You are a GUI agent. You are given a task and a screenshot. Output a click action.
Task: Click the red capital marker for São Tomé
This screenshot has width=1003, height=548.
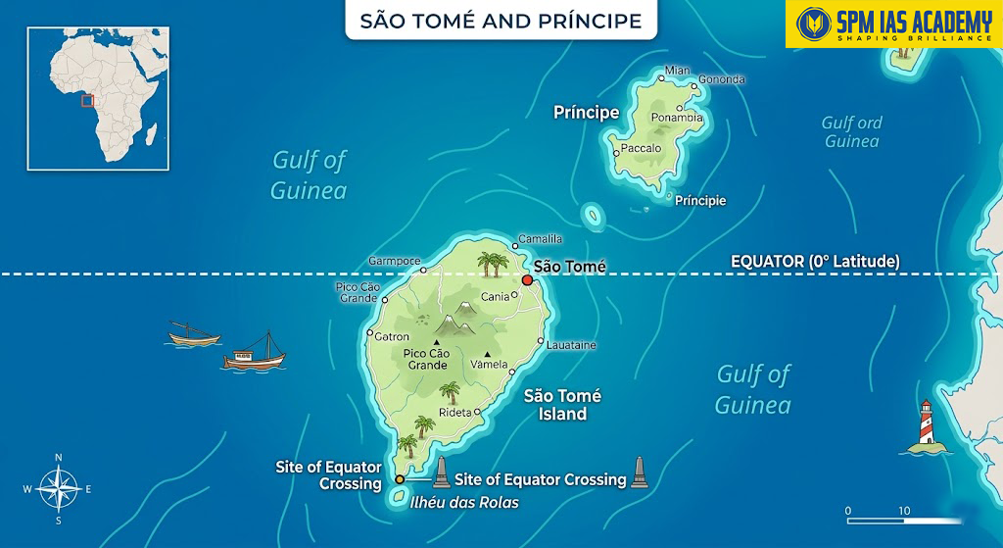527,280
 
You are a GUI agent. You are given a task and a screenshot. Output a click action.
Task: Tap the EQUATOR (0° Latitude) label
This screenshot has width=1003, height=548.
815,262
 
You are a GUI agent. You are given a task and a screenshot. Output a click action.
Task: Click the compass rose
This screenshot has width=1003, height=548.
59,488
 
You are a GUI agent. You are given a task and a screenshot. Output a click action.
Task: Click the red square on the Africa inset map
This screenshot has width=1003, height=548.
87,100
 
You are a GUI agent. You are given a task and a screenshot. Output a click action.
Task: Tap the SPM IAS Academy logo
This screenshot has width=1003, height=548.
893,25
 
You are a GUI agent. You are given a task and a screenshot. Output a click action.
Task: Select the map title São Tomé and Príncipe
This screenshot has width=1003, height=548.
501,21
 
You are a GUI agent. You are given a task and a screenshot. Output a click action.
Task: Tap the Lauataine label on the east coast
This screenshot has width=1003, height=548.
571,345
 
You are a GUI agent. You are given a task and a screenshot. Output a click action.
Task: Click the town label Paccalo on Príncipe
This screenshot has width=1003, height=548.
642,149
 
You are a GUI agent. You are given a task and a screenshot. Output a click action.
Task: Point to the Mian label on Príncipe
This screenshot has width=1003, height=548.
677,71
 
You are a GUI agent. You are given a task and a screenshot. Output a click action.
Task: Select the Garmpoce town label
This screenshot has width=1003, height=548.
395,262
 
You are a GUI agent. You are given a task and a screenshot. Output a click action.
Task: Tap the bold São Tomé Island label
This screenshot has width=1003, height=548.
562,405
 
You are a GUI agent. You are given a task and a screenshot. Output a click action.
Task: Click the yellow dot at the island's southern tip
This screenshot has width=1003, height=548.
400,479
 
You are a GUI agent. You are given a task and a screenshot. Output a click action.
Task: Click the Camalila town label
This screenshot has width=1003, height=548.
541,238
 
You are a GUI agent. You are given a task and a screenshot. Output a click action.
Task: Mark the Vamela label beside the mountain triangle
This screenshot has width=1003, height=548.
490,365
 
